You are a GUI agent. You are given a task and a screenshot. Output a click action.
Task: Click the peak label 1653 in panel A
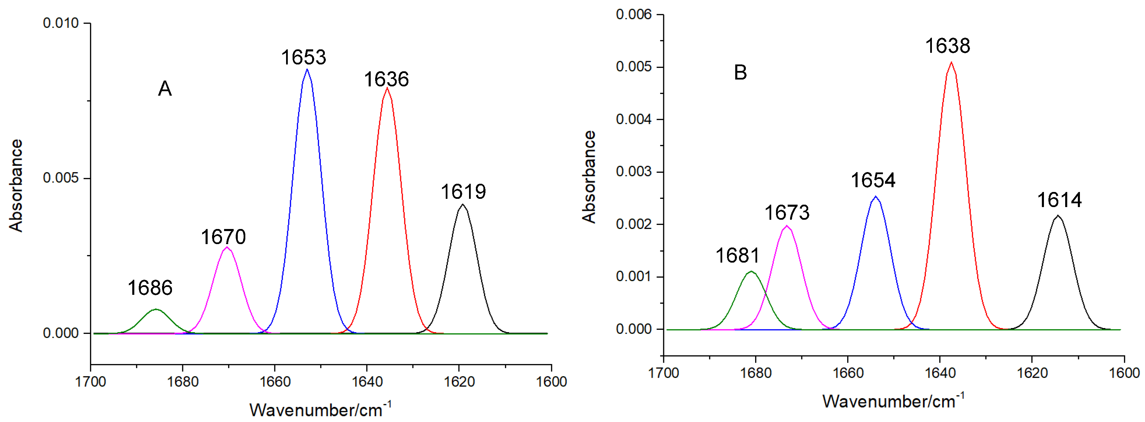[x=304, y=57]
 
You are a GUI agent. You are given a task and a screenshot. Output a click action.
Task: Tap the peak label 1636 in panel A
[x=386, y=80]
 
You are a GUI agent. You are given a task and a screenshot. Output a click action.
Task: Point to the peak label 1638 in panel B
[x=947, y=46]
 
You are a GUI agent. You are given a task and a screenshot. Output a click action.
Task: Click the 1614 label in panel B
[x=1059, y=200]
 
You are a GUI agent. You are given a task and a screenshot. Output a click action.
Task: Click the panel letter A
[x=165, y=89]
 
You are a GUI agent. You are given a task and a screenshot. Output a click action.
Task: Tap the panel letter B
[x=740, y=72]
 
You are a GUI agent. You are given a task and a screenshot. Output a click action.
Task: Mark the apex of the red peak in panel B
[x=951, y=62]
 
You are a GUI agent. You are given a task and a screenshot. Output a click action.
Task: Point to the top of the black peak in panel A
[x=463, y=205]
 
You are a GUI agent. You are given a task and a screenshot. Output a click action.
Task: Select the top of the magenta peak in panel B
[x=787, y=226]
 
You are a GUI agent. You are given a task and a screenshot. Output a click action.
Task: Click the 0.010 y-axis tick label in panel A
[x=61, y=23]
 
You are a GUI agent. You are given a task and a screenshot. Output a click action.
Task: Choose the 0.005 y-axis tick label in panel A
[x=61, y=178]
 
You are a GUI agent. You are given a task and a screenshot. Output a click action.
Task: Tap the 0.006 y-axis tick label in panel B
[x=633, y=15]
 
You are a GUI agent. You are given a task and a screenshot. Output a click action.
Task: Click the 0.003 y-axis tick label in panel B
[x=633, y=172]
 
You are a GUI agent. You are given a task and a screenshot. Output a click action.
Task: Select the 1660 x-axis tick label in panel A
[x=275, y=382]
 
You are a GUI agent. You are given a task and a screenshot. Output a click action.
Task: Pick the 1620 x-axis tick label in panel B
[x=1032, y=373]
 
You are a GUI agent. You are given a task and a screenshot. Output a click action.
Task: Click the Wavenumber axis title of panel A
[x=320, y=409]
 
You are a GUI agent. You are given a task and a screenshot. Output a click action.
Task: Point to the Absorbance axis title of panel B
[x=589, y=177]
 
